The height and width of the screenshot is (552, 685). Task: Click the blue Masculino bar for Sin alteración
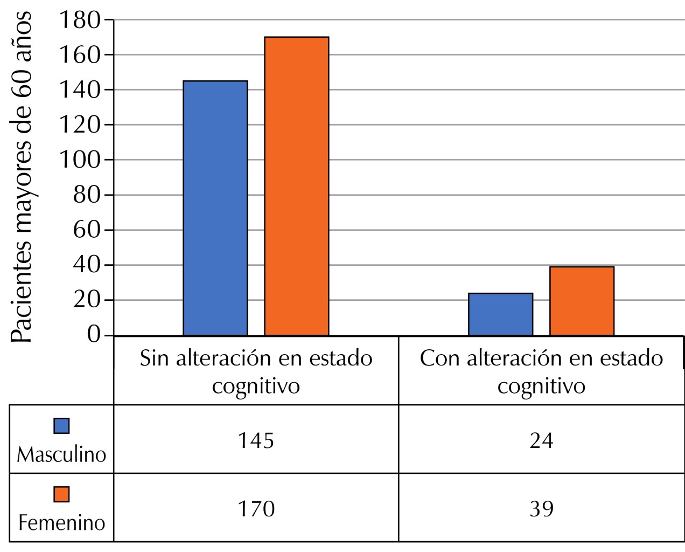[x=215, y=208]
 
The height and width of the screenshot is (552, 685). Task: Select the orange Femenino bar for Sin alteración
[x=296, y=186]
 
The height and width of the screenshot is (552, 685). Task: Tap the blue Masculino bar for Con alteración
[x=500, y=314]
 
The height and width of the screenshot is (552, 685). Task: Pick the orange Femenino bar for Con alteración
[x=582, y=301]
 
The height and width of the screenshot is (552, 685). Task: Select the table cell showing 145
[x=256, y=440]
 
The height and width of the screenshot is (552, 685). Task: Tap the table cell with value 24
[x=541, y=440]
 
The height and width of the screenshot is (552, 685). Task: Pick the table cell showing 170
[x=256, y=508]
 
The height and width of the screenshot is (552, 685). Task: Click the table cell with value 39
[x=541, y=508]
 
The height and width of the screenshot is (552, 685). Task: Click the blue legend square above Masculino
[x=61, y=426]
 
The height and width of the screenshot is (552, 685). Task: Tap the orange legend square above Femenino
[x=61, y=494]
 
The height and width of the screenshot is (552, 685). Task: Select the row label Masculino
[x=61, y=455]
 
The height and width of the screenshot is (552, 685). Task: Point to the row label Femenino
[x=61, y=522]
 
